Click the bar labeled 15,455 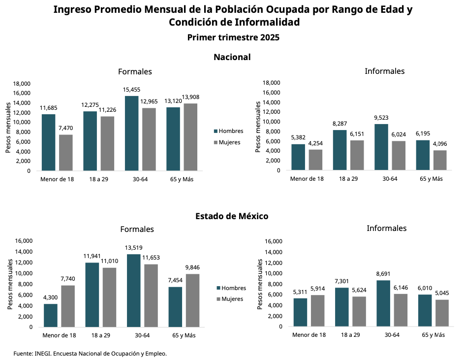coord(131,133)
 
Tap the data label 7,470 coord(66,128)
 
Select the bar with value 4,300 coord(51,315)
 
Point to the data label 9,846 coord(192,267)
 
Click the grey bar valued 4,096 coord(440,160)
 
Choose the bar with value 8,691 coord(383,303)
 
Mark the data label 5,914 coord(318,288)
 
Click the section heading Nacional coord(232,57)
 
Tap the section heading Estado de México coord(232,216)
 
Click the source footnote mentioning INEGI coord(90,353)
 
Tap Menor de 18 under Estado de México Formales coord(59,335)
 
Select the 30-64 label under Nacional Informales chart coord(390,179)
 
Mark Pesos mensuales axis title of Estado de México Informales coord(260,284)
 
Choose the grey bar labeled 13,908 coord(190,137)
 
